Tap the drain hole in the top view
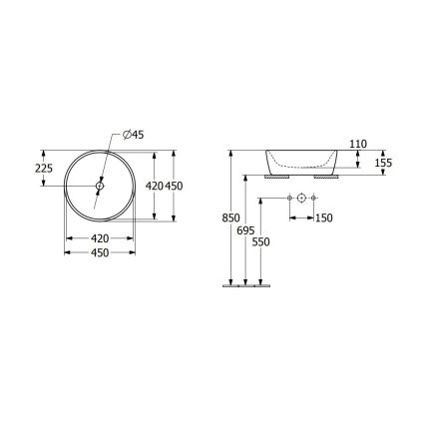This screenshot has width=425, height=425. point(101,185)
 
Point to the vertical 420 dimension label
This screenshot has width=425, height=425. point(154,185)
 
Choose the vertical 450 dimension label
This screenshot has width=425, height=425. point(176,185)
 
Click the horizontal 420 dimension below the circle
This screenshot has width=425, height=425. point(100,238)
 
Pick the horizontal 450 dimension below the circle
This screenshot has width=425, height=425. point(100,254)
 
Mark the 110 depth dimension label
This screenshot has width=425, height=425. point(359,145)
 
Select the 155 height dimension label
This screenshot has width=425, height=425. point(383,162)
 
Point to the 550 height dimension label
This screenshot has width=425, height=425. point(261,239)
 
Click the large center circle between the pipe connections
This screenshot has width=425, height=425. point(302,201)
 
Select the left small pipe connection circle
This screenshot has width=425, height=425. point(289,201)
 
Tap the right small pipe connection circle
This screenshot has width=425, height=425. point(315,201)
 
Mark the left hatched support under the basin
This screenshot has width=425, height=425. point(274,177)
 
